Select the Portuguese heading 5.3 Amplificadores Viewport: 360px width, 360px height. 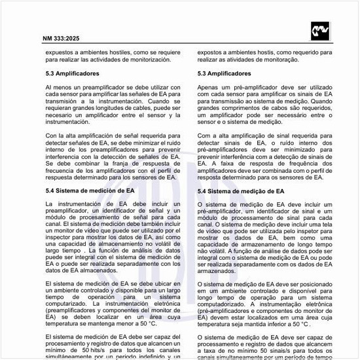pos(229,75)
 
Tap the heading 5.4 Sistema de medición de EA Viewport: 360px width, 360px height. pos(91,191)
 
